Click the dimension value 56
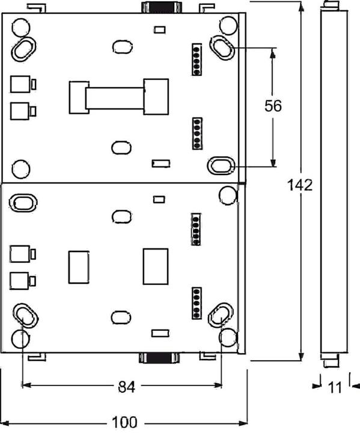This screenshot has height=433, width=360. tap(273, 106)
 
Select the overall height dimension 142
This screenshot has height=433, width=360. tap(300, 184)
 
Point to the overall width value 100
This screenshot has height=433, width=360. tap(124, 422)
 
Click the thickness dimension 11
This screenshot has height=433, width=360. tap(335, 388)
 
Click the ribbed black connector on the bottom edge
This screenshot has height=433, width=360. tap(159, 359)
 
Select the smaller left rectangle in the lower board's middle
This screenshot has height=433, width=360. tap(79, 266)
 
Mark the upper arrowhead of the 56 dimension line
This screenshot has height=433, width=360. tap(273, 53)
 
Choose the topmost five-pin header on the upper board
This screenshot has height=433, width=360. tap(196, 59)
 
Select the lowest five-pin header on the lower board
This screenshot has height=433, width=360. tap(196, 303)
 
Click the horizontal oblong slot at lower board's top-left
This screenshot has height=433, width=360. tap(23, 202)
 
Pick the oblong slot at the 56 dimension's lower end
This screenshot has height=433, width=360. tap(221, 165)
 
